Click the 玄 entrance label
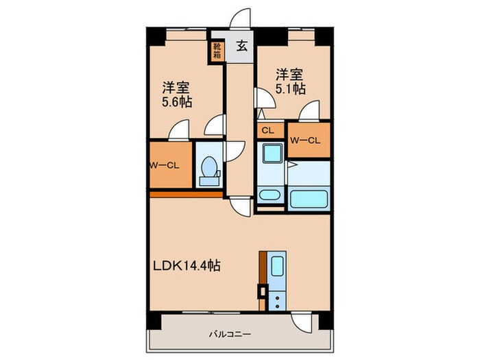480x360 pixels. point(242,47)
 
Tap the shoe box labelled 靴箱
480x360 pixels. point(217,51)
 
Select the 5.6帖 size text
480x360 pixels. point(177,102)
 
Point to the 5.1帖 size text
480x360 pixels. point(291,88)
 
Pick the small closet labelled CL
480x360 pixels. point(268,130)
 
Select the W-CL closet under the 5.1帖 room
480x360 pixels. point(307,140)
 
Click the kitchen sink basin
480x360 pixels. point(278,266)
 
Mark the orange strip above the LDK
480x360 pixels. point(186,194)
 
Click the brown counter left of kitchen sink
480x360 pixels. point(263,271)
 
